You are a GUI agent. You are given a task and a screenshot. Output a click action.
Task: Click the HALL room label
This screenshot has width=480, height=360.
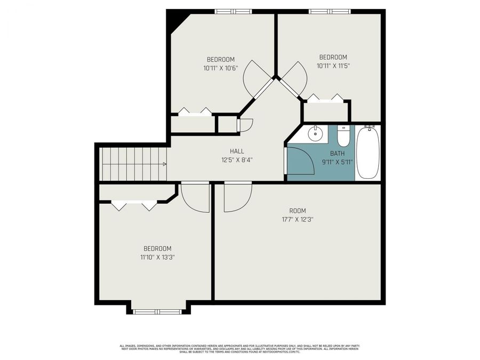pyautogui.click(x=237, y=151)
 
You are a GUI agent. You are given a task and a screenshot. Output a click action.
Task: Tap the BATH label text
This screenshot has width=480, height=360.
pyautogui.click(x=337, y=154)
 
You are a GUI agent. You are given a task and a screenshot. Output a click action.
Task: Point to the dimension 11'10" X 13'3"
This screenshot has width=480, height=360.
pyautogui.click(x=157, y=257)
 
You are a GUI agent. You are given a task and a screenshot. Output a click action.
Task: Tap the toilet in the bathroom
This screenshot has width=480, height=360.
pyautogui.click(x=344, y=136)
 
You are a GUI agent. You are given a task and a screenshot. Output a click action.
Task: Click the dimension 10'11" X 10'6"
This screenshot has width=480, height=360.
pyautogui.click(x=220, y=68)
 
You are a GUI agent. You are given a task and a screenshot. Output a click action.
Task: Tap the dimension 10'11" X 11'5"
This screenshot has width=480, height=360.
pyautogui.click(x=333, y=66)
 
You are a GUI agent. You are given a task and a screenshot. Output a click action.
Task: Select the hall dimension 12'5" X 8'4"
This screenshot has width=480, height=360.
pyautogui.click(x=237, y=159)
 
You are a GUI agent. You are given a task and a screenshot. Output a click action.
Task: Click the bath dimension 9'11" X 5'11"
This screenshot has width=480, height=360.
pyautogui.click(x=337, y=162)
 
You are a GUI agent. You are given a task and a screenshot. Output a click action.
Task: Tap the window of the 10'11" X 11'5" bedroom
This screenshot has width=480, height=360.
pyautogui.click(x=330, y=11)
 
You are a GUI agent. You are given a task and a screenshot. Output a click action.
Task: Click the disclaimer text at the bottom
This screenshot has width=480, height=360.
pyautogui.click(x=239, y=348)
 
